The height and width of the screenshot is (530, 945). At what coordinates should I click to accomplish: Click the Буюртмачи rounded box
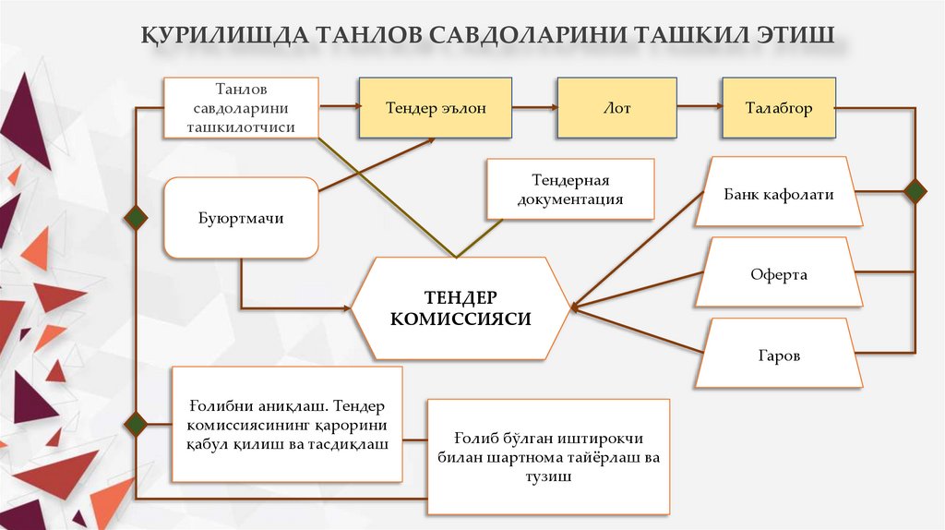click(241, 219)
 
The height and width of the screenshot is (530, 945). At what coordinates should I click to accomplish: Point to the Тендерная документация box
click(570, 189)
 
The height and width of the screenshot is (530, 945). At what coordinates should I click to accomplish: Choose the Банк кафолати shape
click(779, 194)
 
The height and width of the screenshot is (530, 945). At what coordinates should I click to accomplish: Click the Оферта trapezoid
click(779, 274)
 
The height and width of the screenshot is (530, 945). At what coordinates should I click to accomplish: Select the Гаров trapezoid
click(779, 355)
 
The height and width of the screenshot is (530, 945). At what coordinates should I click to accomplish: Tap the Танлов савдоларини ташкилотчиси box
click(241, 108)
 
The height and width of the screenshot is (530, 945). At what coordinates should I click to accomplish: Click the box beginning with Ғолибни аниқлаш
click(287, 425)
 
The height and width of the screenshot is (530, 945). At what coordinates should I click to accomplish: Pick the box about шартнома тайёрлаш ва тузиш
click(549, 456)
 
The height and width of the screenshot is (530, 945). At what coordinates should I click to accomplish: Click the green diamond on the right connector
click(915, 191)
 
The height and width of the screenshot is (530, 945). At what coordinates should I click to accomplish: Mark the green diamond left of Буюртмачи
click(137, 218)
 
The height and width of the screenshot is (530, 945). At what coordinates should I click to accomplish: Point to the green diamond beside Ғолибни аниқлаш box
click(137, 424)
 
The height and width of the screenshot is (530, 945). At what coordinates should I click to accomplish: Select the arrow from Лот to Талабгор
click(699, 108)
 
